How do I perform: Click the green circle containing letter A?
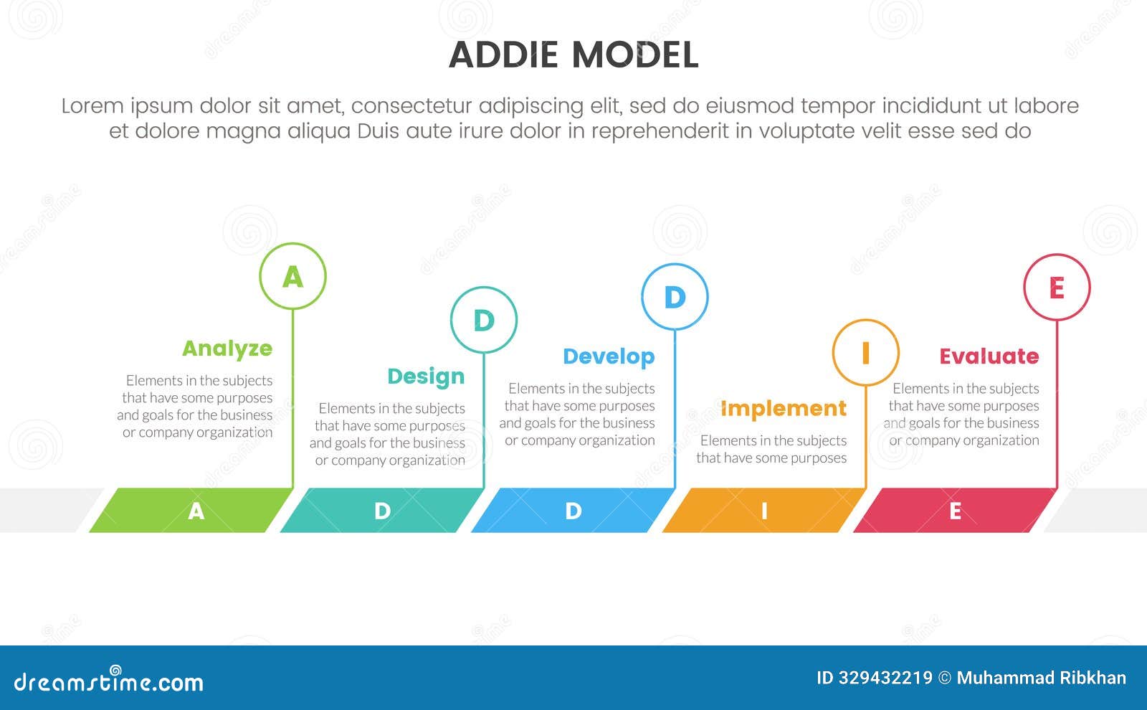[292, 276]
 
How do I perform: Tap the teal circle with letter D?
[484, 320]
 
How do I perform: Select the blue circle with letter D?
[675, 297]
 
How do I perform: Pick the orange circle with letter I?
[865, 353]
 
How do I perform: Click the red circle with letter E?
[1057, 287]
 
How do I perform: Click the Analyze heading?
[227, 349]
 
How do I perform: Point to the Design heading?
[426, 377]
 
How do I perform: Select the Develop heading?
[609, 356]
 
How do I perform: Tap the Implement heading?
[783, 408]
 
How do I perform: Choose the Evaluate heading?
[989, 356]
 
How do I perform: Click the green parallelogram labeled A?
[191, 511]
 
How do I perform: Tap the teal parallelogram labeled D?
[382, 511]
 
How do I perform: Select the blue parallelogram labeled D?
[573, 511]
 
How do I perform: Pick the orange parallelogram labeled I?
[764, 511]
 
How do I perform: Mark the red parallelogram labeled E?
[955, 511]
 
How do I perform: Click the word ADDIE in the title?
[503, 55]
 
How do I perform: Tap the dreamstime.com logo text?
[108, 681]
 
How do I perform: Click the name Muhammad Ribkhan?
[1041, 678]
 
